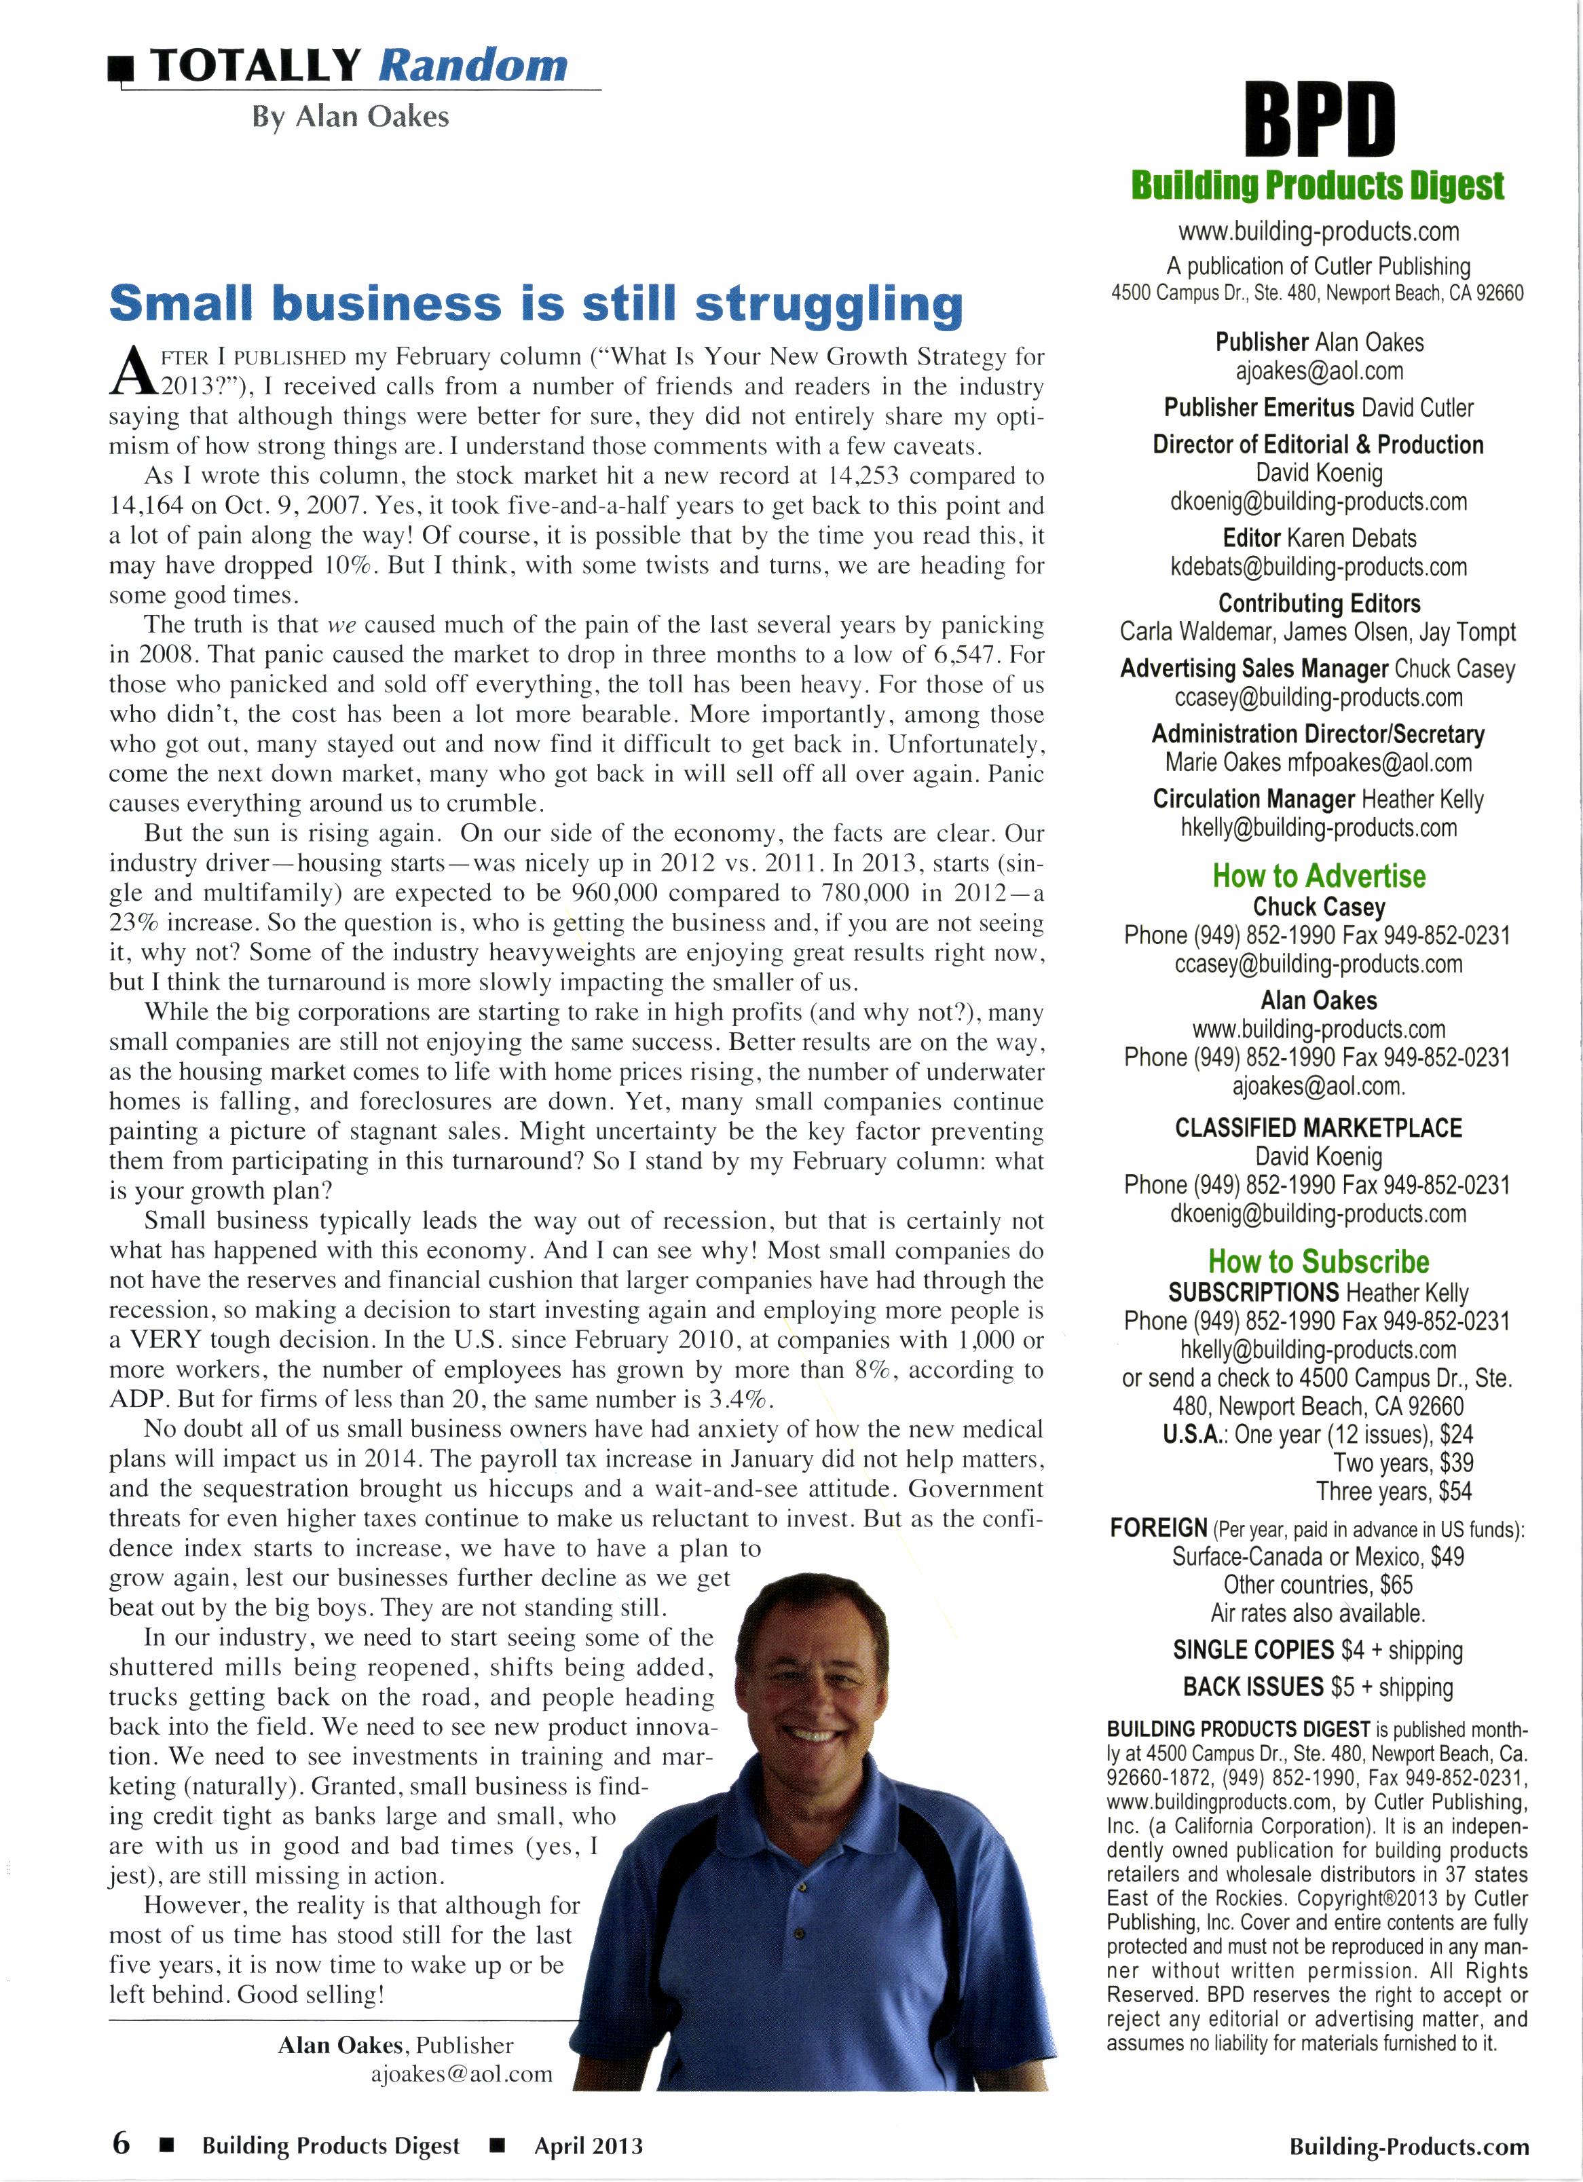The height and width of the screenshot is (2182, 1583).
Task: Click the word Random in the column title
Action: click(x=472, y=65)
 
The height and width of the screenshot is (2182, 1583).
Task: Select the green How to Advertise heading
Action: click(x=1318, y=876)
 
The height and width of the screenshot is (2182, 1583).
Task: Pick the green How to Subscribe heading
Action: click(x=1318, y=1261)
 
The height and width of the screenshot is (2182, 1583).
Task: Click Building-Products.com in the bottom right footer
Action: click(x=1409, y=2145)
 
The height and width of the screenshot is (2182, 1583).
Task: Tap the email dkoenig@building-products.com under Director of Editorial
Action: click(x=1318, y=502)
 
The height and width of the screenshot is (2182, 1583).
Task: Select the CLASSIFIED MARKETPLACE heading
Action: click(x=1318, y=1127)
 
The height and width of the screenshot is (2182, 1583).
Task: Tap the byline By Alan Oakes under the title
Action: click(x=350, y=117)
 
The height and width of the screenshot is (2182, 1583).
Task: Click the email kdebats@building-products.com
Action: click(x=1318, y=567)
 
